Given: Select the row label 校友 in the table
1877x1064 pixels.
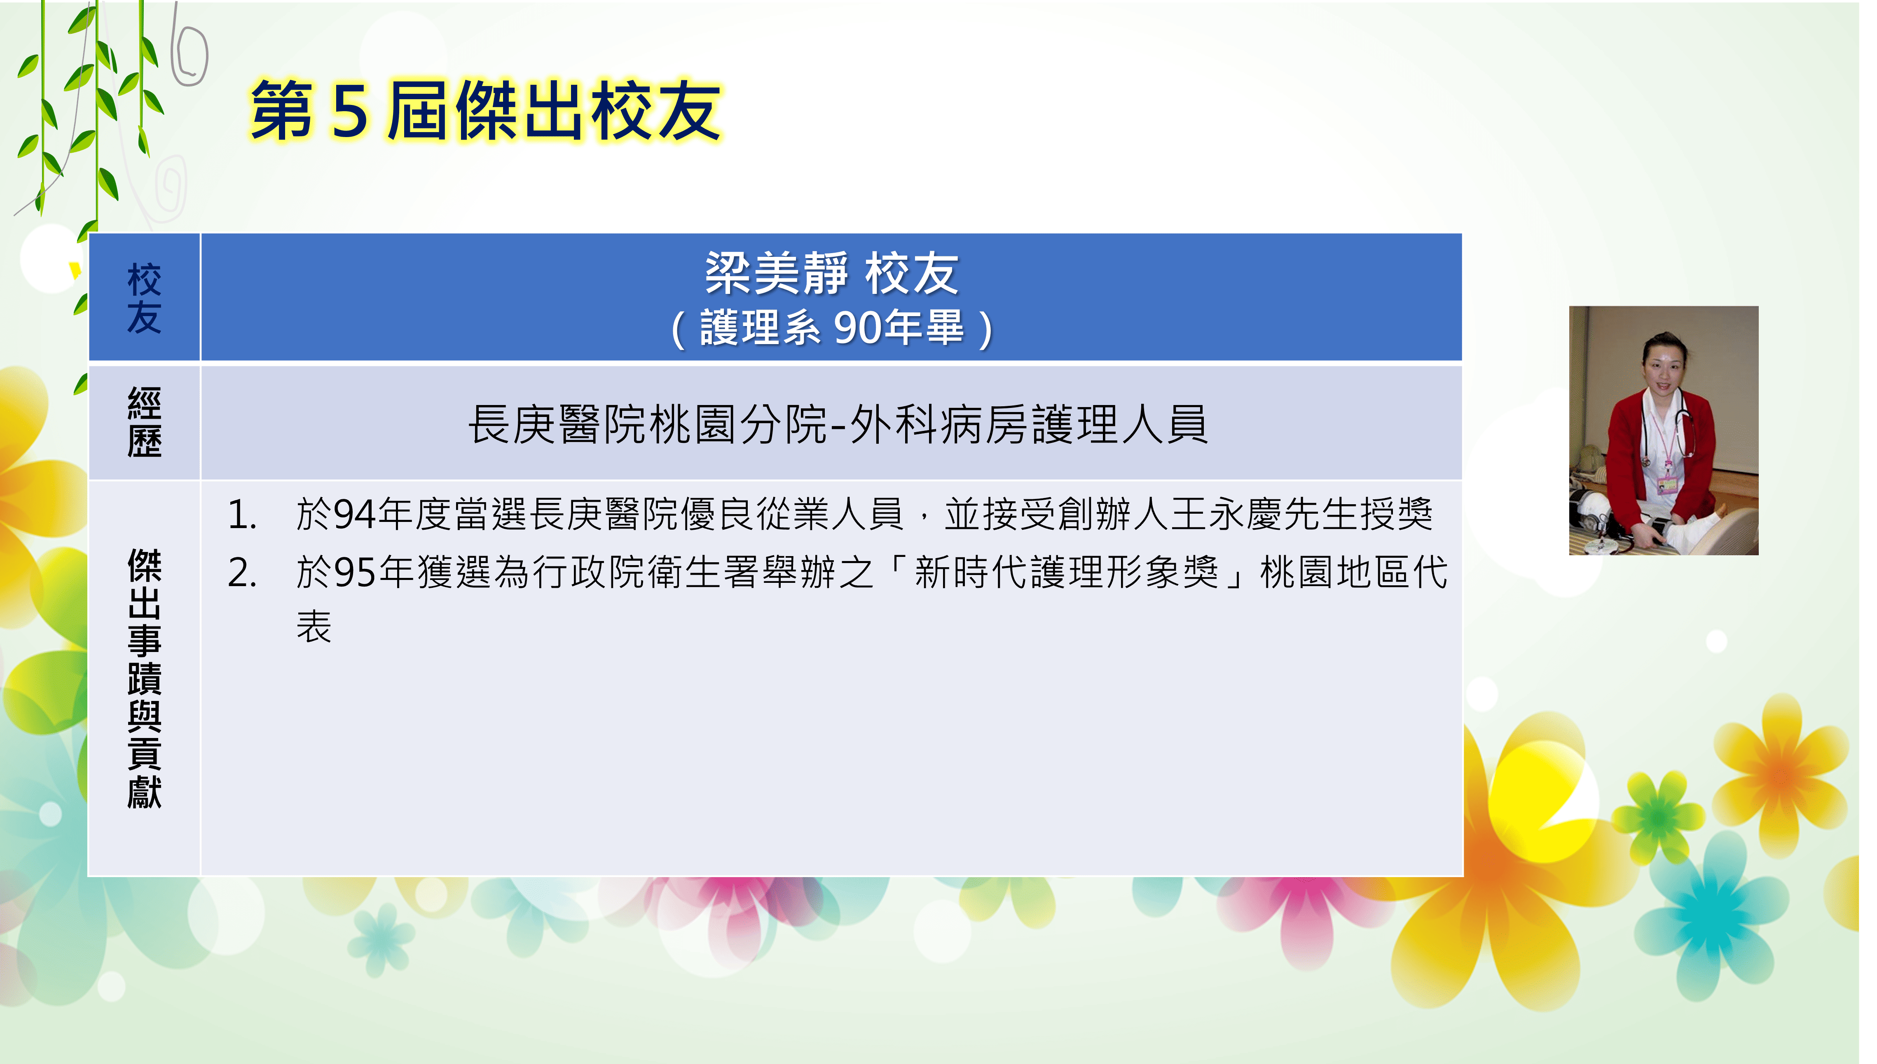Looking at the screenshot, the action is point(144,298).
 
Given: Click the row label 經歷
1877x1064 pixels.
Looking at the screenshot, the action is point(144,422).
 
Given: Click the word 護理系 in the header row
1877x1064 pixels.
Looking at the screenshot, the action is point(761,327).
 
